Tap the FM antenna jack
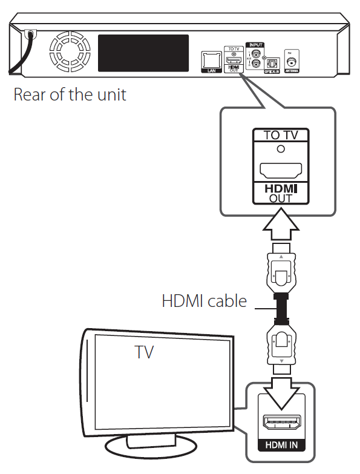(292, 61)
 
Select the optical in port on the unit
(272, 62)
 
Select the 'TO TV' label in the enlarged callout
(278, 135)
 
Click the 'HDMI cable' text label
(204, 300)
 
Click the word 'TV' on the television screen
(144, 352)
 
